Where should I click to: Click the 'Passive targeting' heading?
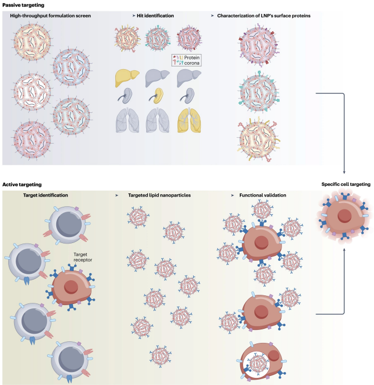21,4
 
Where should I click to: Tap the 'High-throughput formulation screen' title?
50,16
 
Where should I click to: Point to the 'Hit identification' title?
156,16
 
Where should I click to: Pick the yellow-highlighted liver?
124,79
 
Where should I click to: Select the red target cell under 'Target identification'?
71,285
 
